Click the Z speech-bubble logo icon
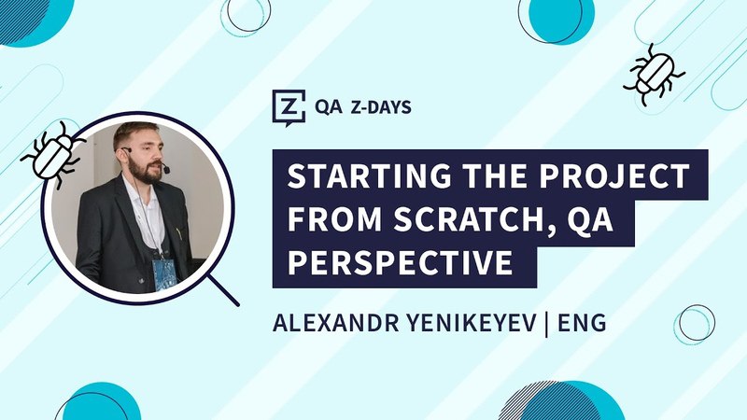[289, 107]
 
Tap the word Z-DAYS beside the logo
[381, 107]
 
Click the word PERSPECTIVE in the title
[401, 262]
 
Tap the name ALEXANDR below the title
[336, 323]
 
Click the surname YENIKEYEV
[472, 323]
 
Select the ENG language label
[582, 323]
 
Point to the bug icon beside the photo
[52, 153]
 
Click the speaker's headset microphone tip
[166, 170]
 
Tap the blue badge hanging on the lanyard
[164, 275]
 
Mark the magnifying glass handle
[223, 289]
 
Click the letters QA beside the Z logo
[329, 107]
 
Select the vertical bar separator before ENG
[547, 324]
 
